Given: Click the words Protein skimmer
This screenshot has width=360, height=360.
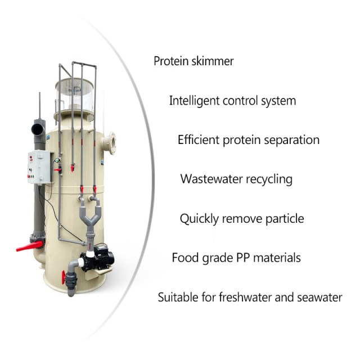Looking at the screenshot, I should point(193,61).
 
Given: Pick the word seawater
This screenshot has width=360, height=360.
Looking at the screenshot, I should point(319,297).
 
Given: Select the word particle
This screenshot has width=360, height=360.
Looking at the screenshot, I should point(284,219).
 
